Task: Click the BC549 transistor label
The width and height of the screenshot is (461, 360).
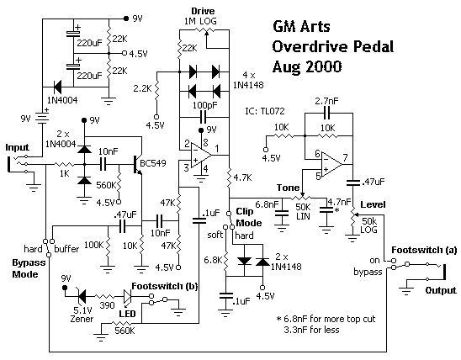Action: (x=153, y=163)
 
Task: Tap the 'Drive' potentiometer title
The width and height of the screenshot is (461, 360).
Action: (x=203, y=11)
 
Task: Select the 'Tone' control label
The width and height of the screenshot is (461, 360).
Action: (x=288, y=188)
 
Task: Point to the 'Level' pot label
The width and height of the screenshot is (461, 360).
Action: (x=373, y=204)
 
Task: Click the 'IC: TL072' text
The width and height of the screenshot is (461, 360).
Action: (x=265, y=111)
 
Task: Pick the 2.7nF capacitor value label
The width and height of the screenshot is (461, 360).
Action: (x=326, y=101)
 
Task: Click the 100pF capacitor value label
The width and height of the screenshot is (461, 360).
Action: (x=205, y=105)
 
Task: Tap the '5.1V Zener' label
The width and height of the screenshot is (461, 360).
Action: (x=82, y=314)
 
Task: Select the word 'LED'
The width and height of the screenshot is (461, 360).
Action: (x=127, y=314)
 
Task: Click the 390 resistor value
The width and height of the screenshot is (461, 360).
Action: (x=107, y=305)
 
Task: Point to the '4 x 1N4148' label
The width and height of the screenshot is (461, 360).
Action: (x=248, y=80)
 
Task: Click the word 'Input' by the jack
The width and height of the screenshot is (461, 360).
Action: (x=18, y=147)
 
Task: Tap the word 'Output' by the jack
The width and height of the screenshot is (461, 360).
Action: (x=441, y=290)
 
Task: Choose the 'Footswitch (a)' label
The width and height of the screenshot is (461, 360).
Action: (x=424, y=250)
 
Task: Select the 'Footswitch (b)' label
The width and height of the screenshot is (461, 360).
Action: (x=164, y=286)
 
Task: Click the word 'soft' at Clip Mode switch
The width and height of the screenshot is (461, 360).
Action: (x=215, y=235)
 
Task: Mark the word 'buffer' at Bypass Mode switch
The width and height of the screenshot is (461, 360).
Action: (x=66, y=249)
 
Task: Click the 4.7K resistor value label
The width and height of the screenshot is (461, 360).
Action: (x=242, y=177)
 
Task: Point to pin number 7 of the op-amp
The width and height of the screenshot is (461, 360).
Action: (x=345, y=158)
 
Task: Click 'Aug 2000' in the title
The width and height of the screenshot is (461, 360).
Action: (x=307, y=66)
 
